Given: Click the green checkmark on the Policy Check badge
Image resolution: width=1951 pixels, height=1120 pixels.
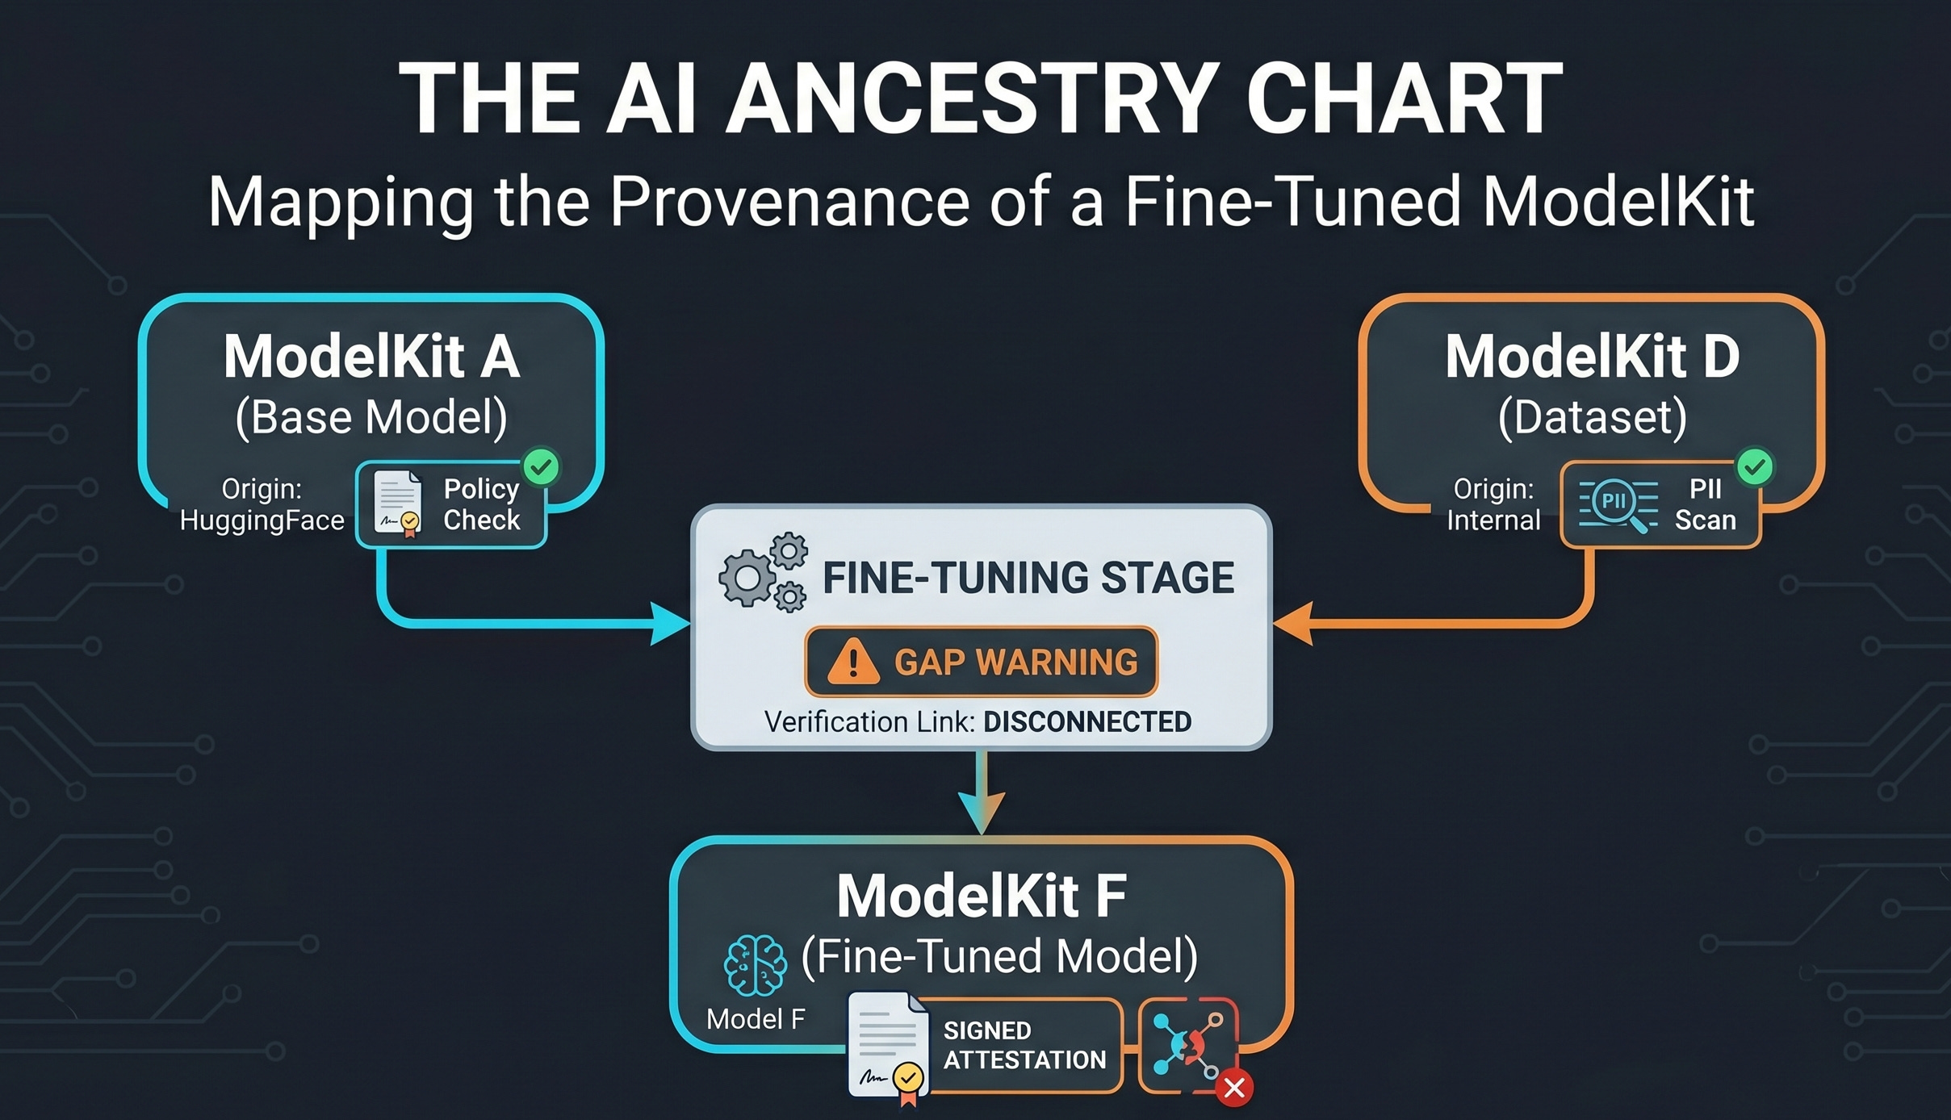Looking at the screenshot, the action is pos(541,466).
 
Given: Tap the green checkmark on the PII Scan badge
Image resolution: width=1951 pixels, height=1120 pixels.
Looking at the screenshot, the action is pos(1755,466).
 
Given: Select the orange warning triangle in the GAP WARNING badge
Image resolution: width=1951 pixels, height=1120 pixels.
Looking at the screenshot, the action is pos(853,662).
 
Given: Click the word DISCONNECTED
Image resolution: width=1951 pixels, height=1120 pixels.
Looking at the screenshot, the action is pos(1086,721).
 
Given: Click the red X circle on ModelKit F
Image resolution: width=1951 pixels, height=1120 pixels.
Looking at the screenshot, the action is pos(1234,1088).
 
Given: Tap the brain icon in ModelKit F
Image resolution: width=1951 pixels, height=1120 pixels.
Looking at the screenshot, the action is pos(755,964).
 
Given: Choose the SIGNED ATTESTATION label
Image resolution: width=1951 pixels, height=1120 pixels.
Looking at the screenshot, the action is pos(1024,1045).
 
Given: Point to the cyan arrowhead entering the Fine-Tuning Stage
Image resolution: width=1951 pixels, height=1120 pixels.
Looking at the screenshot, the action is pos(671,623).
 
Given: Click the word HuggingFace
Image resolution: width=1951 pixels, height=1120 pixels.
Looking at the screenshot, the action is pos(262,520).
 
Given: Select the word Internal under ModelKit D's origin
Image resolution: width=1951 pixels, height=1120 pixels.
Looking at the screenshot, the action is pos(1493,520).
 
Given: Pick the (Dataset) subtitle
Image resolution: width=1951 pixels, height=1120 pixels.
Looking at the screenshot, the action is pos(1592,417).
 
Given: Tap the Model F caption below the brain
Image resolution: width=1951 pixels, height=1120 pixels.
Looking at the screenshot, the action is pos(756,1019).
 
